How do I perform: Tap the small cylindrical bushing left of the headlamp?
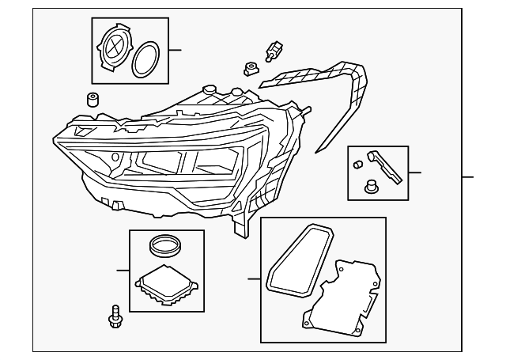(x=92, y=100)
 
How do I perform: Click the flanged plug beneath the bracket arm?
(x=368, y=188)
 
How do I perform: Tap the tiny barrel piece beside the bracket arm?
(x=358, y=163)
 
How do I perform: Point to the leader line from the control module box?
(x=123, y=271)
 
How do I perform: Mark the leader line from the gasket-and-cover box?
(x=253, y=279)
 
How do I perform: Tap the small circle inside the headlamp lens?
(x=115, y=157)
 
